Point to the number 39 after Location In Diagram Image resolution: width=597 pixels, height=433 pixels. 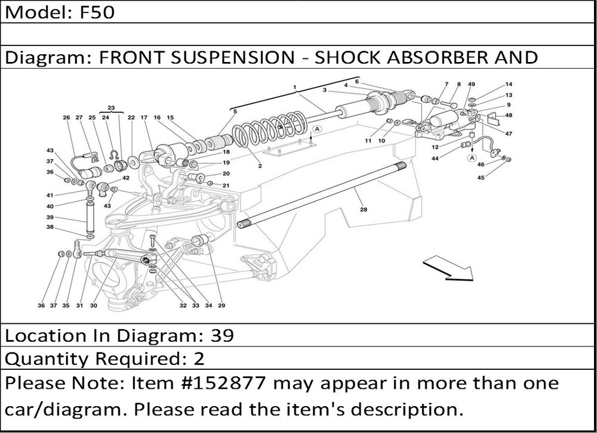tap(222, 336)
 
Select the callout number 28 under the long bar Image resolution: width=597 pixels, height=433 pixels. tap(363, 209)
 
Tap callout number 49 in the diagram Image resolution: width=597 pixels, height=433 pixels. tap(472, 85)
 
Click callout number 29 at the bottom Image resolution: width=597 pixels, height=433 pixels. tap(221, 306)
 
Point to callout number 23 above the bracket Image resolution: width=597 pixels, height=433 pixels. tap(110, 107)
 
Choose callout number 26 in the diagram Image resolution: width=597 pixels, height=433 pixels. tap(67, 117)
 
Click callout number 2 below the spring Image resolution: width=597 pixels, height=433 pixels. tap(260, 166)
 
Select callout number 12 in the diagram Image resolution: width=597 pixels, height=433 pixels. tap(436, 147)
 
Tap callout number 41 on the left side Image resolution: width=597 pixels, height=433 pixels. tap(51, 195)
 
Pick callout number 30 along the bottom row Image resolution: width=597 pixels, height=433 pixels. tap(94, 306)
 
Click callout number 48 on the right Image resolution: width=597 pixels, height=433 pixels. tap(509, 115)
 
